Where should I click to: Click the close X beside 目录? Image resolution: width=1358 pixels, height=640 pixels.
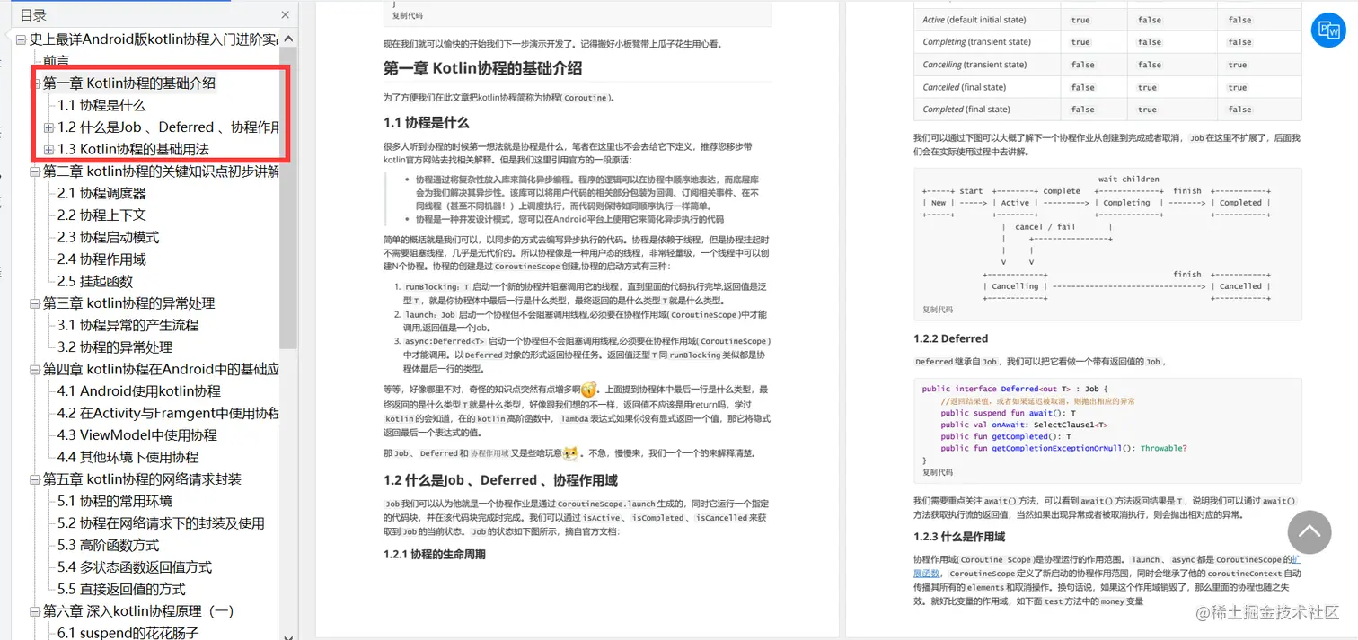(286, 15)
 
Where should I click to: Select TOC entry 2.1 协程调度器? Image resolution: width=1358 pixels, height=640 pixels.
(101, 193)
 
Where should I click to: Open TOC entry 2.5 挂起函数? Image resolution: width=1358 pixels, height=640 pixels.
(94, 281)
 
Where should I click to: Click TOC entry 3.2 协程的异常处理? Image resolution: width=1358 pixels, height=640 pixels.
(114, 346)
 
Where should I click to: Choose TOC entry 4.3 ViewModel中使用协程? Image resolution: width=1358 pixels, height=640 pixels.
(137, 434)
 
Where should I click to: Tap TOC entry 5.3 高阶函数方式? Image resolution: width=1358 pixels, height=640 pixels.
(108, 545)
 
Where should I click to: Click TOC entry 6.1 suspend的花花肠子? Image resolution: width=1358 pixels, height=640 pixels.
(128, 633)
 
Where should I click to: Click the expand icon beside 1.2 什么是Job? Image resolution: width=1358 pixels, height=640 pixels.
(49, 127)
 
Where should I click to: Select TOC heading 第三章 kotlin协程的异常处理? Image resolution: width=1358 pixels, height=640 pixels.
(128, 302)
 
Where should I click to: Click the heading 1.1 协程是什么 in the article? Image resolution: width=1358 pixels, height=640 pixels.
(426, 122)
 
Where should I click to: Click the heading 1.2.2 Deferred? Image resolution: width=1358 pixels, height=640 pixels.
(950, 338)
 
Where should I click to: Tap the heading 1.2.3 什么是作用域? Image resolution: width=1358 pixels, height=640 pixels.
(959, 537)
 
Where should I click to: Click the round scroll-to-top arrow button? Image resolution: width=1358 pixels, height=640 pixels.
(1309, 532)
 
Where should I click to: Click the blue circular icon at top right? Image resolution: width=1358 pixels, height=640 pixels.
(1327, 31)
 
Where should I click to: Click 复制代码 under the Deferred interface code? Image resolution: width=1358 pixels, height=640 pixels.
(937, 472)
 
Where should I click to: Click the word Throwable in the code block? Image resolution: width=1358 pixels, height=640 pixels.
(1163, 448)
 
